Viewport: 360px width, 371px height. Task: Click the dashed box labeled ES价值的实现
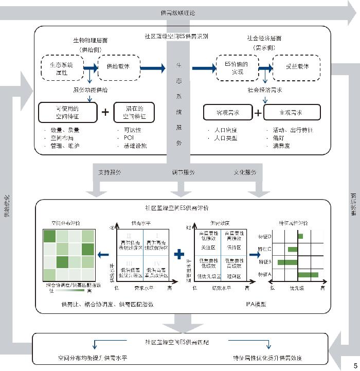coord(237,67)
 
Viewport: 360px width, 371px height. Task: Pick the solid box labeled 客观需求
coord(227,112)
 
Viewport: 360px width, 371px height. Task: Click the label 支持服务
coord(110,172)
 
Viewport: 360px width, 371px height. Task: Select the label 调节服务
coord(184,172)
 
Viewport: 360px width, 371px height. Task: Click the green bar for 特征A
coord(308,275)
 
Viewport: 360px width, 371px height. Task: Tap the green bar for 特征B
coord(287,262)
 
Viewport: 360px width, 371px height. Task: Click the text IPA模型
coord(256,305)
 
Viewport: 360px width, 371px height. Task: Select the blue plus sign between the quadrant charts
coord(179,254)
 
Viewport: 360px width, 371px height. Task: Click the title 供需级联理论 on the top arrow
coord(177,13)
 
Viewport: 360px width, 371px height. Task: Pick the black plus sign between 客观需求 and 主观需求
coord(259,112)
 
